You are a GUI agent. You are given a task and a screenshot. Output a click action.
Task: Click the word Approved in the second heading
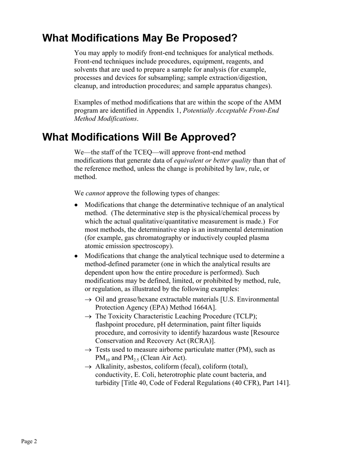pos(208,137)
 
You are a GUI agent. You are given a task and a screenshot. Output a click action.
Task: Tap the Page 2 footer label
pos(29,441)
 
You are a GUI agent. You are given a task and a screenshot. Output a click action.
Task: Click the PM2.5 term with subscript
pos(131,358)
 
